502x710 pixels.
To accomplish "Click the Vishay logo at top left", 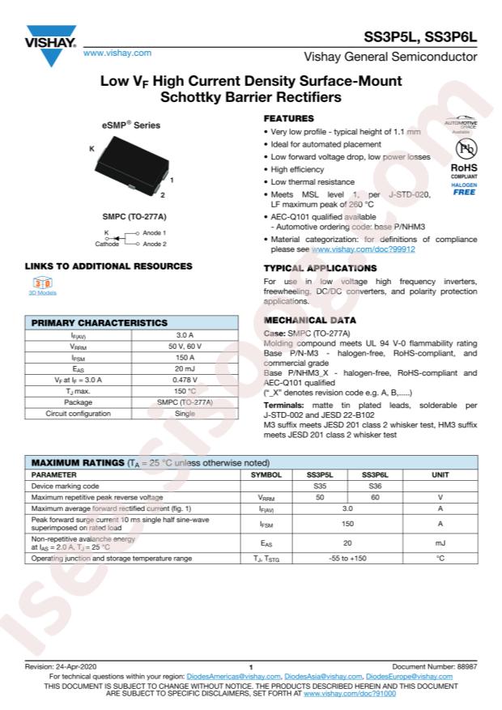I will (50, 44).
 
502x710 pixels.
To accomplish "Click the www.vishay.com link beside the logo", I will (117, 53).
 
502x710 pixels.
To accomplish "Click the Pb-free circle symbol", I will (464, 150).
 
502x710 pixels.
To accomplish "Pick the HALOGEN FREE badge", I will (464, 189).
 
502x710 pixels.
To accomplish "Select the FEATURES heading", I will (289, 118).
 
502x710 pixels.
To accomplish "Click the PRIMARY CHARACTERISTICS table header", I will (99, 322).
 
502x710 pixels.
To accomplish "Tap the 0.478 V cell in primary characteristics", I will (185, 380).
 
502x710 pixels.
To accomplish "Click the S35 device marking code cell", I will (320, 486).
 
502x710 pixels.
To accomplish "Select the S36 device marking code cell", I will (375, 486).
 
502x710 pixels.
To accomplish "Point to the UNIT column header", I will (440, 474).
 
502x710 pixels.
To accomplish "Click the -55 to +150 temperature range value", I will (347, 559).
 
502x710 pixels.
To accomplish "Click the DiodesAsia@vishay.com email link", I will (323, 676).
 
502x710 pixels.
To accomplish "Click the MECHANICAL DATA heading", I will (309, 321).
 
